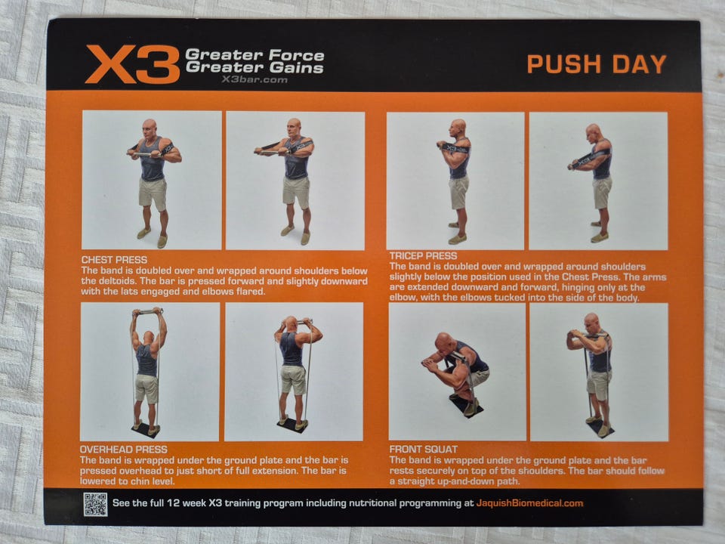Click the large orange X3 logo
coord(132,63)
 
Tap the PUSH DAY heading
coord(597,64)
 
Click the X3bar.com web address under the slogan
coord(254,79)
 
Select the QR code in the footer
coord(95,504)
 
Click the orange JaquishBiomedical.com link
coord(529,503)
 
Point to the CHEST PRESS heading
coord(114,260)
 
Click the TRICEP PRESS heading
coord(423,256)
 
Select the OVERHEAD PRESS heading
coord(123,449)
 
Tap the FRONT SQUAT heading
coord(424,449)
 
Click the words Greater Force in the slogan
coord(255,55)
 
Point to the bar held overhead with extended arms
coord(148,312)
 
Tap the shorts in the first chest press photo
coord(153,193)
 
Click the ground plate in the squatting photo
coord(467,406)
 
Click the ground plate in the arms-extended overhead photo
coord(145,430)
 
